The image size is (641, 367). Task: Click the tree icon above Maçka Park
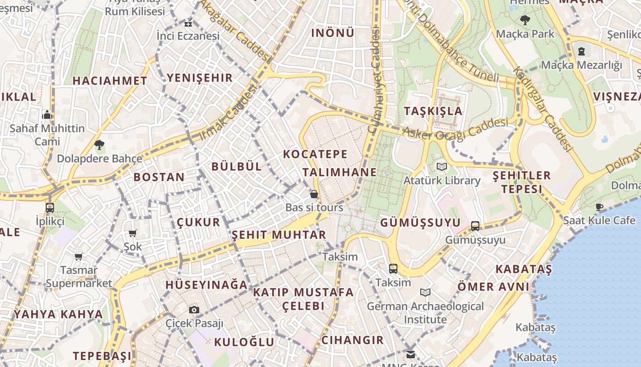(525, 20)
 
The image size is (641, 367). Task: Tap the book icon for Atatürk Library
(441, 167)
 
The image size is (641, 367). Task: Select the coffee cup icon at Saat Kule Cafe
(599, 207)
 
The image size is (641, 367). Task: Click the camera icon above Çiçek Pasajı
(194, 310)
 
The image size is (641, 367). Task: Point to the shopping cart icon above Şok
(133, 233)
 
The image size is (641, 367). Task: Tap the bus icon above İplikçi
(50, 207)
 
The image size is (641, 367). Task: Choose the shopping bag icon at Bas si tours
(314, 194)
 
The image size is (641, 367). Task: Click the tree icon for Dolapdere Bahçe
(99, 145)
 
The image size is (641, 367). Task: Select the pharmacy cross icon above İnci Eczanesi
(188, 23)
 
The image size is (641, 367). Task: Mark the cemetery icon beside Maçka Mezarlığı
(581, 51)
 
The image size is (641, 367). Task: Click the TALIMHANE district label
(339, 172)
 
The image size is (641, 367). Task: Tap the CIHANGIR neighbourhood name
(352, 340)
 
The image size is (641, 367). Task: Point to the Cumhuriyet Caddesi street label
(375, 80)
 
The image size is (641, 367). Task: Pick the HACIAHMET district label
(110, 81)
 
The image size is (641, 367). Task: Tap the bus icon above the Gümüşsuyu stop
(475, 226)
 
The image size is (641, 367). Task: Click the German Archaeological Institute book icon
(425, 292)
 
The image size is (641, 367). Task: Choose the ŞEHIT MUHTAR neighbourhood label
(278, 235)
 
